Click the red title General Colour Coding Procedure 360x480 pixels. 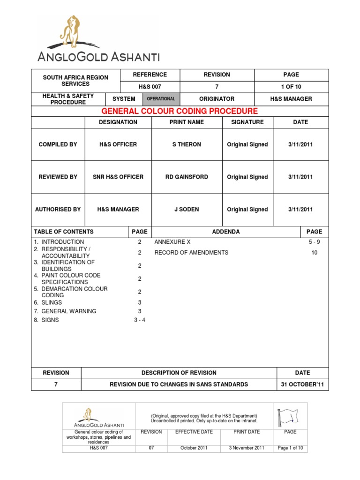pos(180,111)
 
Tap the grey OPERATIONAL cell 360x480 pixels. pos(161,99)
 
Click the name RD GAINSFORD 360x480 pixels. pos(187,177)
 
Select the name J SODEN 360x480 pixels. pos(187,210)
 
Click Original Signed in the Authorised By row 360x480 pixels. pos(247,210)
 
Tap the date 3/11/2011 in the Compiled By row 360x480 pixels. pos(300,144)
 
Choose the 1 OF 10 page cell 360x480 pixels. pos(291,87)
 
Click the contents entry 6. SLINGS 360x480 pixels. pos(48,302)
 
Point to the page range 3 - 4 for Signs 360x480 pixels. pos(140,320)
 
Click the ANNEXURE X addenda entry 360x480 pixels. pos(172,242)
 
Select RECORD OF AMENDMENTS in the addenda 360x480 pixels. pos(191,252)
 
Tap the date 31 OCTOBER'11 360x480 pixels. pos(302,384)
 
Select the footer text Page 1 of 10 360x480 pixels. pos(291,448)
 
